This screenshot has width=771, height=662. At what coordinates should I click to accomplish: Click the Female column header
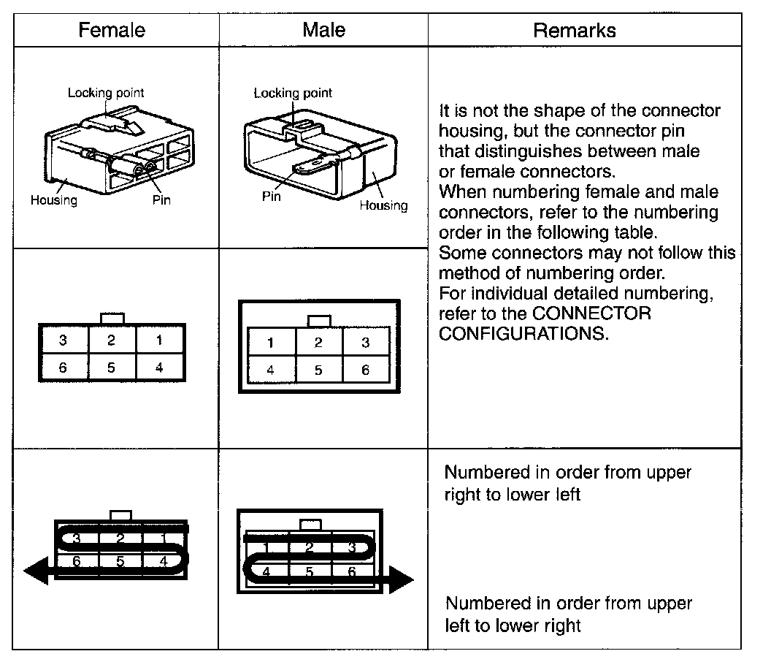(112, 30)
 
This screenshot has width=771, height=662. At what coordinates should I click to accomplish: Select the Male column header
(323, 30)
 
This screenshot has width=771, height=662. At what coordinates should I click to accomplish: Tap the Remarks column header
(575, 30)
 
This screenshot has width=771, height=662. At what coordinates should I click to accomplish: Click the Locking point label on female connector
(106, 93)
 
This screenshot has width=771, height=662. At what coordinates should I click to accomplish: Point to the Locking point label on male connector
(293, 93)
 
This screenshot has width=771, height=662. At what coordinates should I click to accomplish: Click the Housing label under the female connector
(53, 199)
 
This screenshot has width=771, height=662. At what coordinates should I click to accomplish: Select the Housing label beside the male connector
(383, 205)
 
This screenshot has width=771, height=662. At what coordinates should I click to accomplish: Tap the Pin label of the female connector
(161, 199)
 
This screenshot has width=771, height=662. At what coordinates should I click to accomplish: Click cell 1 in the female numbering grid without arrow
(160, 340)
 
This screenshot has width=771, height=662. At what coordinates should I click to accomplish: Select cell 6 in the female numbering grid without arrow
(63, 368)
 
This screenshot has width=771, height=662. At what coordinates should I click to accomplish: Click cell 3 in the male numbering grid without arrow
(366, 343)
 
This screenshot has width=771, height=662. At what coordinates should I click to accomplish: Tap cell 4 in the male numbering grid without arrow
(271, 370)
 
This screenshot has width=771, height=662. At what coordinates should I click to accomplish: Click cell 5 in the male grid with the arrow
(310, 572)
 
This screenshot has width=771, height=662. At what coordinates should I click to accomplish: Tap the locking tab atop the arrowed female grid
(120, 515)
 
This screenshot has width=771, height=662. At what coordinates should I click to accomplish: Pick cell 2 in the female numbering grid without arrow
(111, 340)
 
